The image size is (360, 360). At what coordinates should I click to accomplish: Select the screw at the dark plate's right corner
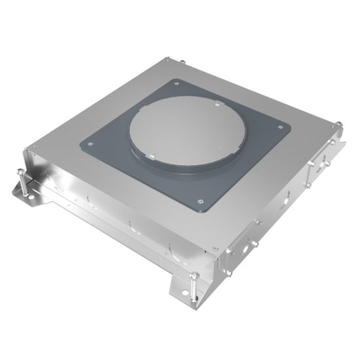coord(281,128)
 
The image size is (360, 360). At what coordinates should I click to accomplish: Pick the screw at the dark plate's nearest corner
coord(200,201)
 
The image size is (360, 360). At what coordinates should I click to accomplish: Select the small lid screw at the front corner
coord(214,249)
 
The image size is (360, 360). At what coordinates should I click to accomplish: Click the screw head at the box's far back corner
coord(183,62)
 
